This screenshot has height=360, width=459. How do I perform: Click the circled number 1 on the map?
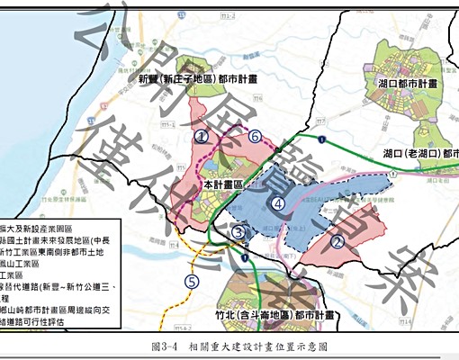(202, 136)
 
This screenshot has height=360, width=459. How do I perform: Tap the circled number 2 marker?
(336, 240)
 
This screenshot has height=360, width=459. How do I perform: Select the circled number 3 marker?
(238, 232)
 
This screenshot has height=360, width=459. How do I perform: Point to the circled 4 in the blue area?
(280, 204)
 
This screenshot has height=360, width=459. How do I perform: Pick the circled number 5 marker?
(191, 281)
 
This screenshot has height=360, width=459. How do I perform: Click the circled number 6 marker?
(256, 137)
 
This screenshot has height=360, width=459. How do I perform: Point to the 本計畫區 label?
(224, 184)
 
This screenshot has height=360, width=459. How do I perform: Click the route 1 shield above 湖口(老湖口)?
(321, 138)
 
